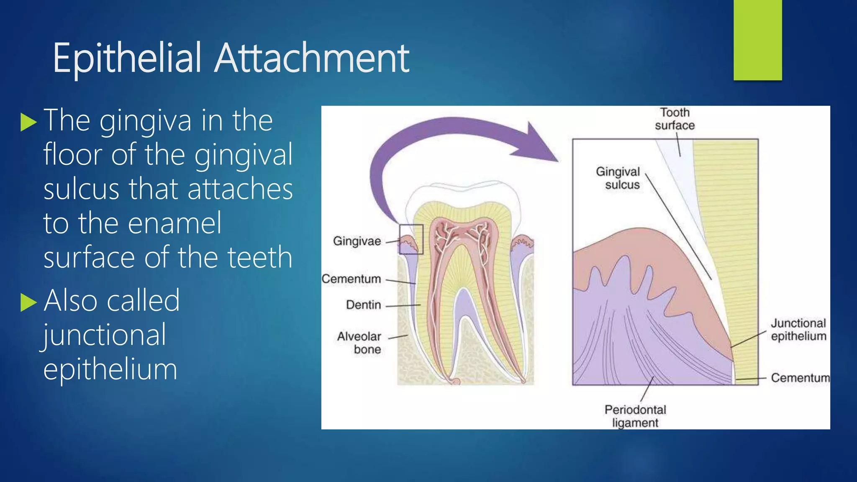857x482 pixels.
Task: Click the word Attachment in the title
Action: [x=312, y=58]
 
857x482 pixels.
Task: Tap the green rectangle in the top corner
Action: [x=757, y=40]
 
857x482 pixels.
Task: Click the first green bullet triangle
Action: [x=28, y=122]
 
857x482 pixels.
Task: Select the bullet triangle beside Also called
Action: [x=28, y=302]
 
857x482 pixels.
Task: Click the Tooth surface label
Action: [x=675, y=119]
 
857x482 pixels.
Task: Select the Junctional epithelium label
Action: [x=798, y=330]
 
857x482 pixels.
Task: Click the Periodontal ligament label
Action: [x=635, y=416]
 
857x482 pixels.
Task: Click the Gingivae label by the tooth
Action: [x=357, y=241]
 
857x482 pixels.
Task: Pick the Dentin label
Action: [x=363, y=305]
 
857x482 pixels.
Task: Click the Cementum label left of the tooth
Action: [x=352, y=279]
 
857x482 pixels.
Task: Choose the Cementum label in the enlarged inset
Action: [x=800, y=378]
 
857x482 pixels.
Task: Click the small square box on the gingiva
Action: [x=411, y=239]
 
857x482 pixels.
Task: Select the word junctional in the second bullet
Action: [x=105, y=336]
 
